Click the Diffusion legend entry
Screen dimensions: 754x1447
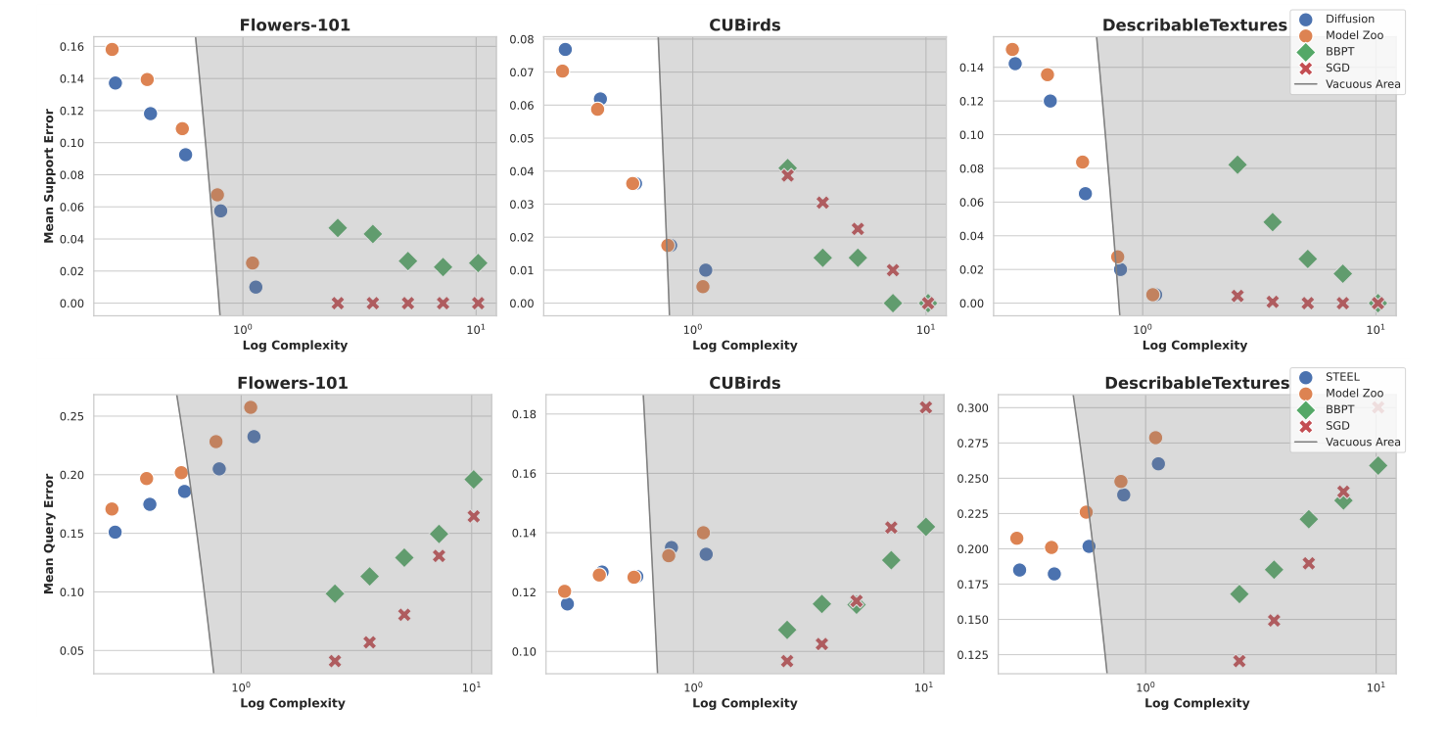(1349, 19)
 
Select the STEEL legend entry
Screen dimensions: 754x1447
(1341, 377)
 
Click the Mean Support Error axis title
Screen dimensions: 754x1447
(49, 176)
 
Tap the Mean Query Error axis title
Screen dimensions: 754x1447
(49, 534)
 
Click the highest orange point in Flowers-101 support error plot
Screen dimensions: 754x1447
(112, 50)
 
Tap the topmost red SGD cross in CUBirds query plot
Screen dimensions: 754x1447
(925, 407)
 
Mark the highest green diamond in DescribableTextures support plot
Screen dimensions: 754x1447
(1237, 165)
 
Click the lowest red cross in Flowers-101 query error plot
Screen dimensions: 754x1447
(335, 661)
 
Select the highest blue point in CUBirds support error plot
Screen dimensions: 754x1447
(565, 50)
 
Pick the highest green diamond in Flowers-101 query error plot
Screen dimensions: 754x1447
(474, 480)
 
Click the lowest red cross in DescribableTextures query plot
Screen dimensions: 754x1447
(1239, 661)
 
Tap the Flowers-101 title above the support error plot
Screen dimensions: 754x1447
(295, 25)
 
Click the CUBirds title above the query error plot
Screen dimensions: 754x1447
(744, 383)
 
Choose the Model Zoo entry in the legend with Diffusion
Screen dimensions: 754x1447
(1352, 35)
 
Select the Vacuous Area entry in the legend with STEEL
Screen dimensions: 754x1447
(1363, 443)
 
